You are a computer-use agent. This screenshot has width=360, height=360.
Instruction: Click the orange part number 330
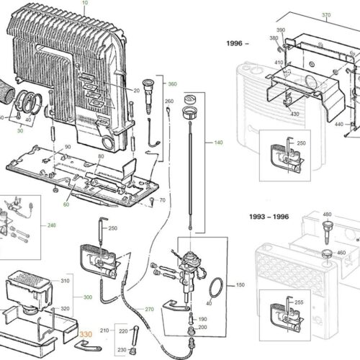click(86, 334)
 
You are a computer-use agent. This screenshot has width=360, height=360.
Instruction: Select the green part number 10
click(85, 3)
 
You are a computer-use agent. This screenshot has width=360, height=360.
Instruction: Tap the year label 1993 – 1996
click(269, 217)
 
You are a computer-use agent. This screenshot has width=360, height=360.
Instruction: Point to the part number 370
click(326, 15)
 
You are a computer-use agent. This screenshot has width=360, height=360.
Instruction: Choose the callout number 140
click(218, 143)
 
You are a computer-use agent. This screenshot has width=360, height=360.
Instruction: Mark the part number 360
click(172, 84)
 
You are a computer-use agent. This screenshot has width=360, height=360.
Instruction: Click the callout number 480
click(327, 215)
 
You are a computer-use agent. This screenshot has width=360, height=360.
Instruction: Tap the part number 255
click(299, 302)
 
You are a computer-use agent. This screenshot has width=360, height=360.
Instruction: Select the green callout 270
click(149, 310)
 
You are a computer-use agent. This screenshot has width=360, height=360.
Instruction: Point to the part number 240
click(51, 225)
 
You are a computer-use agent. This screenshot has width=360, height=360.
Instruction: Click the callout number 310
click(65, 281)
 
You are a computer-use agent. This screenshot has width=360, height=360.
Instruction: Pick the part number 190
click(202, 319)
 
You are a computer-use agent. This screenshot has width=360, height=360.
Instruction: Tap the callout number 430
click(294, 114)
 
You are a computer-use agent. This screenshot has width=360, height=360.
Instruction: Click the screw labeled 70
click(152, 201)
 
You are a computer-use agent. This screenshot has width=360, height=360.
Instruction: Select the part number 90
click(68, 147)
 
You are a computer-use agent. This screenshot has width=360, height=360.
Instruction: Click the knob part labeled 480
click(327, 233)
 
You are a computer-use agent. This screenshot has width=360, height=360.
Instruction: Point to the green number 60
click(66, 204)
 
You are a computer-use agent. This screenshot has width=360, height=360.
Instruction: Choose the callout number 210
click(104, 330)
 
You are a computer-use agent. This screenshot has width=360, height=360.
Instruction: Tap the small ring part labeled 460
click(327, 253)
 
